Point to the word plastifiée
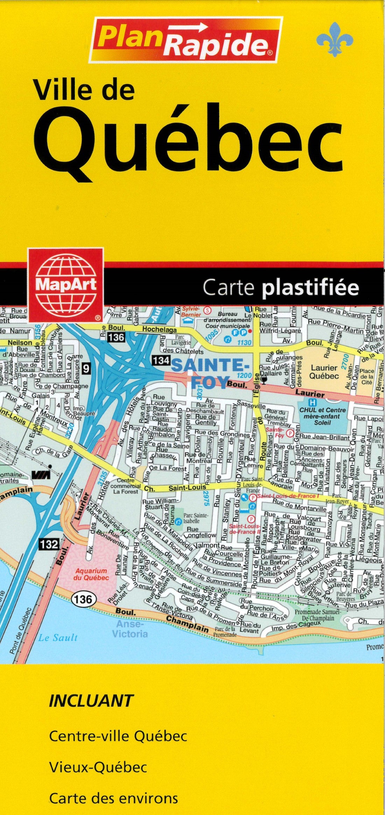pos(310,288)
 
